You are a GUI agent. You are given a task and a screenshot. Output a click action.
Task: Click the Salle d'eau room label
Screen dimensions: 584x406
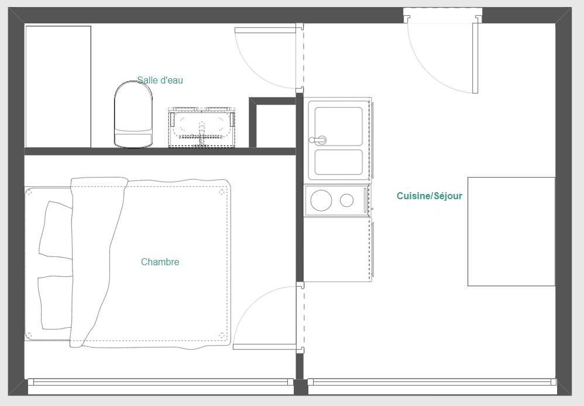(160, 80)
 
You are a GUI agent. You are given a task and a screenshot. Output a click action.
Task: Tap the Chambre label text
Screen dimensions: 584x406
(160, 262)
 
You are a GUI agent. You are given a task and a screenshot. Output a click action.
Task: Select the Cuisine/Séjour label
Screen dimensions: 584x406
(430, 196)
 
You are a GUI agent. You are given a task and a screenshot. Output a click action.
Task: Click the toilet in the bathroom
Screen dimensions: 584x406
(133, 114)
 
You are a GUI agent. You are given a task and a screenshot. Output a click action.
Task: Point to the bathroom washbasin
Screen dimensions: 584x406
(202, 127)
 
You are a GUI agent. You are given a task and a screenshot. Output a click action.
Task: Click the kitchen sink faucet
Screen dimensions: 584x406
(317, 140)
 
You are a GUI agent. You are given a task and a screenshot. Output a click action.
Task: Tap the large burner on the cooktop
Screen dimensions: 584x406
(321, 200)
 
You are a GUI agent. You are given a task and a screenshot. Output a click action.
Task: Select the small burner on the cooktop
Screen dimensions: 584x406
(346, 200)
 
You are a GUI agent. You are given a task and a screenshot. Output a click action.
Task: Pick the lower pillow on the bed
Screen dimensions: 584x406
(56, 302)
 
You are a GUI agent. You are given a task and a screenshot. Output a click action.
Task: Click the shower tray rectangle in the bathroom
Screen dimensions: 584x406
(58, 86)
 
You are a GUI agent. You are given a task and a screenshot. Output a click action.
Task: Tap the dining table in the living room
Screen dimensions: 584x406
(511, 232)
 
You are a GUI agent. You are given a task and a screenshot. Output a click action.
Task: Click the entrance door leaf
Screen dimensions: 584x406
(475, 58)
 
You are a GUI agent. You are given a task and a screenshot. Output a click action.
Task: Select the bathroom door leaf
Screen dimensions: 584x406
(266, 30)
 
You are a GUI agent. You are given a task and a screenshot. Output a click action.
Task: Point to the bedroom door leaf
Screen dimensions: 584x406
(265, 347)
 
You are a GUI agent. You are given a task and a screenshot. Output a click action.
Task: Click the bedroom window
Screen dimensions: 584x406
(161, 382)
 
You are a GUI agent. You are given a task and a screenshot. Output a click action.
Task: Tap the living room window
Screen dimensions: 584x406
(432, 382)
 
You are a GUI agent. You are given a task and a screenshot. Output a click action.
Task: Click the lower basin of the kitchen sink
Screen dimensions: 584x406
(339, 162)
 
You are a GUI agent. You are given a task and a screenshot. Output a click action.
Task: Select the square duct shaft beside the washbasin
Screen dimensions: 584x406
(272, 122)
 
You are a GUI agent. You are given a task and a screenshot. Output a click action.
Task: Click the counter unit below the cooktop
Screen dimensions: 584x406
(337, 249)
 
